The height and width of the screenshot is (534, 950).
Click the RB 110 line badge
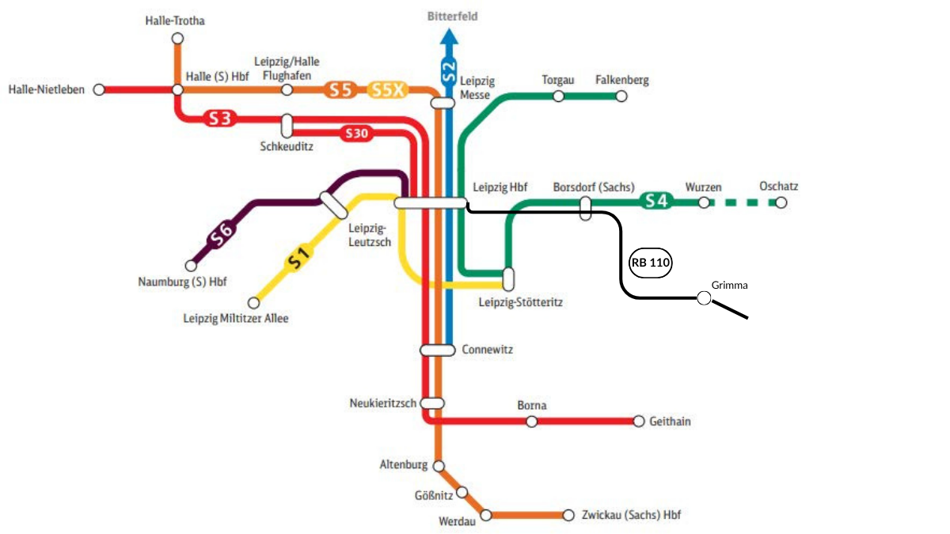(650, 263)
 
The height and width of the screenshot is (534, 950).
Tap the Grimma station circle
(703, 298)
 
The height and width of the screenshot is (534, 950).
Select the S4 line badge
(657, 201)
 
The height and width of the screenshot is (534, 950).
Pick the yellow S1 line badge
(297, 259)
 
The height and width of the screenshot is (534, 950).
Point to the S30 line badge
(356, 134)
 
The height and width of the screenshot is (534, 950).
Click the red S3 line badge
(221, 119)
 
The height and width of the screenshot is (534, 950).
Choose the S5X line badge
(388, 89)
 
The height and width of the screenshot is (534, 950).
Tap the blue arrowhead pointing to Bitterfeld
(449, 36)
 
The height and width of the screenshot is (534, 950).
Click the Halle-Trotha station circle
(177, 38)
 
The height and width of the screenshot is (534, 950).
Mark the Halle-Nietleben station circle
(99, 89)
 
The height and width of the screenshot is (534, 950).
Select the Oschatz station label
(778, 187)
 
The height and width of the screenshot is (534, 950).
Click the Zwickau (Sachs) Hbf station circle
(568, 515)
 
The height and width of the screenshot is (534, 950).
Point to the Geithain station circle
(639, 421)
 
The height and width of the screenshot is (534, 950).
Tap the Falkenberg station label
(621, 80)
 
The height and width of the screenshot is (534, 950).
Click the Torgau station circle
(558, 97)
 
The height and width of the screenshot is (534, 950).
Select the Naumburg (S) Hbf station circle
(190, 266)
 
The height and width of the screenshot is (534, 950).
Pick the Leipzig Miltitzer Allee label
(236, 319)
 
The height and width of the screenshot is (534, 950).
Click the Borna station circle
(531, 421)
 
